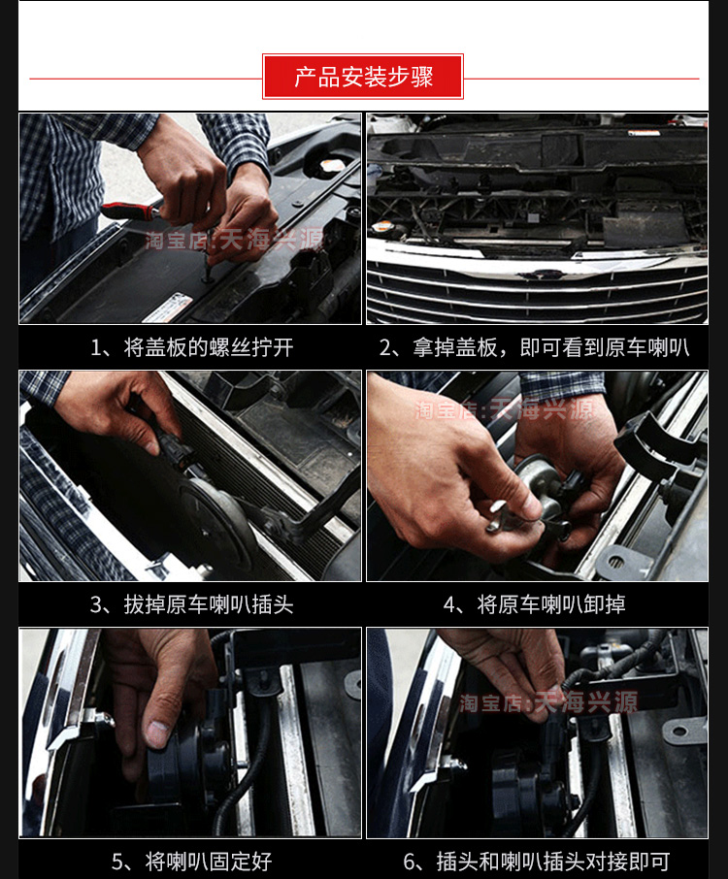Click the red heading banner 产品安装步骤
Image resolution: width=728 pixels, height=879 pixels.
point(363,77)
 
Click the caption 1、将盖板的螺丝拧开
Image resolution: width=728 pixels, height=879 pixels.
point(192,347)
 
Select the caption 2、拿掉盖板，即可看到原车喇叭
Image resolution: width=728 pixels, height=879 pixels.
point(534,347)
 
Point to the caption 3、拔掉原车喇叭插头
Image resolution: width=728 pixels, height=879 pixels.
point(192,604)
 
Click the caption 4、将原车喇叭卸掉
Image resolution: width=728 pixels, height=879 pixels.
point(534,604)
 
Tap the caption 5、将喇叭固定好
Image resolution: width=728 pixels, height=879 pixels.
point(192,862)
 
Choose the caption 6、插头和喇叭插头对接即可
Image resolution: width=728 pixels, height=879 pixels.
point(537,862)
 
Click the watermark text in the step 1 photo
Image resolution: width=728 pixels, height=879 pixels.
point(235,240)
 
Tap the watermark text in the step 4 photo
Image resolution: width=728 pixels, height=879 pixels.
point(505,410)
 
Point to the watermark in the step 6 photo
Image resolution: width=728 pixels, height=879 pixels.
point(548,702)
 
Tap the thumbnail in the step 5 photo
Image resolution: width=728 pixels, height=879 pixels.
point(157,732)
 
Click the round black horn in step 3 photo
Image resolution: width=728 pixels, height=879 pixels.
point(215,520)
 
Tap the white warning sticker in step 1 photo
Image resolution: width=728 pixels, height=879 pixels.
point(167,308)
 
